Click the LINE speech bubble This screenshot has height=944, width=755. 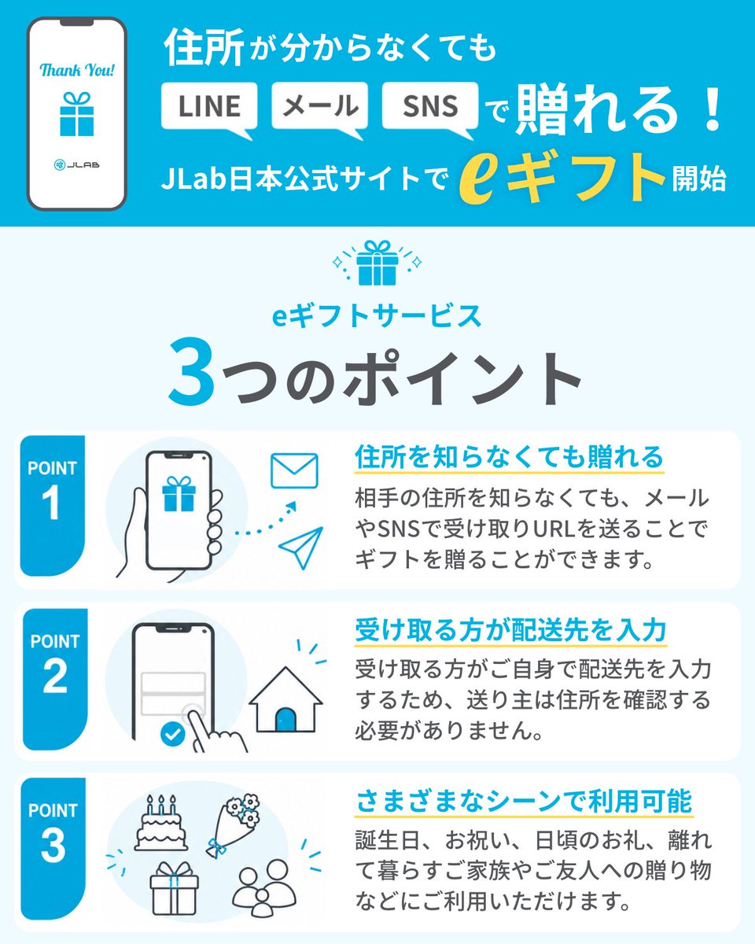pos(209,107)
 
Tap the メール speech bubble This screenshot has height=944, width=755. pos(319,107)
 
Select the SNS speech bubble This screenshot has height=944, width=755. pos(430,107)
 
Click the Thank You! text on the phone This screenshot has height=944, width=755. pos(77,70)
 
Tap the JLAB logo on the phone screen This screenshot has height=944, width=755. pos(77,165)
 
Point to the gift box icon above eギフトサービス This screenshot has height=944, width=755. pos(377,263)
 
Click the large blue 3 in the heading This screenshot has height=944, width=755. pos(192,371)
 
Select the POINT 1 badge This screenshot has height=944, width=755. pos(52,505)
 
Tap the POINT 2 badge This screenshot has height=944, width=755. pos(55,679)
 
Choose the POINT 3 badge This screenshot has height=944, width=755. pos(53,849)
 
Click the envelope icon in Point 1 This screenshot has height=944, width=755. pos(294,471)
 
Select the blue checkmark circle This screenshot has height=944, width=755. pos(173,734)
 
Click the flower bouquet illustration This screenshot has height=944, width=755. pos(233,825)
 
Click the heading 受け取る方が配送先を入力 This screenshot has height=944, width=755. pos(510,630)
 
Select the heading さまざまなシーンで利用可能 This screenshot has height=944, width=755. pos(524,801)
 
